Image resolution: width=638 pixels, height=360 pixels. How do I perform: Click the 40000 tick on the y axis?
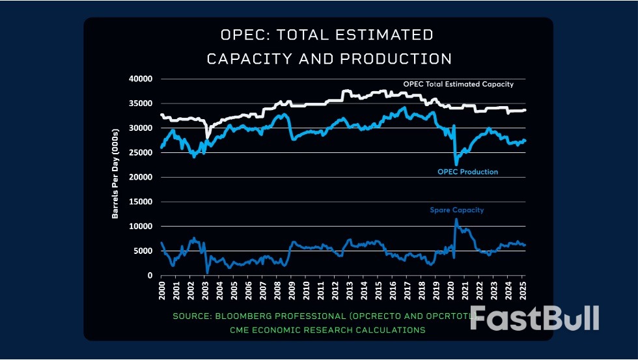tap(141, 79)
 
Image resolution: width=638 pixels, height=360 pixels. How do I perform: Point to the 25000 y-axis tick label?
tap(141, 152)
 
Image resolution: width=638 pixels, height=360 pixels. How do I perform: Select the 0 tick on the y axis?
tap(149, 275)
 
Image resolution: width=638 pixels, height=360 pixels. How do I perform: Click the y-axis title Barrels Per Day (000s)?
tap(115, 176)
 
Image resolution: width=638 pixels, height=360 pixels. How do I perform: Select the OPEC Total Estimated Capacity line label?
tap(458, 84)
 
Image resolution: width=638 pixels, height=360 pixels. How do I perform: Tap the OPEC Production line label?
tap(467, 172)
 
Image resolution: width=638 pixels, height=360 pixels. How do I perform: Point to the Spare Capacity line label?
tap(456, 210)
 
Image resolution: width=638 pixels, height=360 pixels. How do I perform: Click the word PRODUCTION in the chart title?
tap(393, 59)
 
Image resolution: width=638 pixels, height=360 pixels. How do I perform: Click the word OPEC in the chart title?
tap(243, 35)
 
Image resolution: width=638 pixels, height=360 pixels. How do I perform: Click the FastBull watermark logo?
tap(534, 318)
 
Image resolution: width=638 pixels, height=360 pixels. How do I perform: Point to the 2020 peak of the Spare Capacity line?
tap(456, 219)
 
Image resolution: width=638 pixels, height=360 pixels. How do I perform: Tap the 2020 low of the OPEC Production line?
tap(456, 164)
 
